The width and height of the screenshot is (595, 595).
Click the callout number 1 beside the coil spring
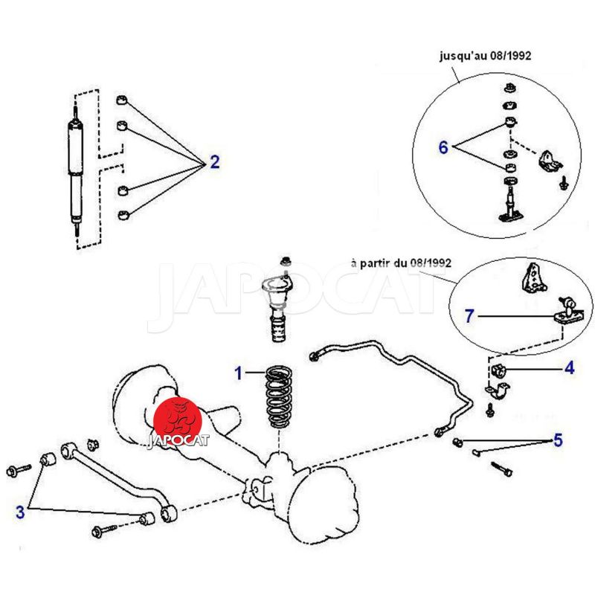(239, 373)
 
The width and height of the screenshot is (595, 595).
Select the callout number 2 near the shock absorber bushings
(214, 162)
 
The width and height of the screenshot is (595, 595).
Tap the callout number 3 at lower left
(20, 512)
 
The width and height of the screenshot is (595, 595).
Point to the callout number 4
(568, 367)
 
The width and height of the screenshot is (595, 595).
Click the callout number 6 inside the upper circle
(443, 147)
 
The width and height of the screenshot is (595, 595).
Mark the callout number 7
(469, 316)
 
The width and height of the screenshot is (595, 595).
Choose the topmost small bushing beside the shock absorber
(123, 100)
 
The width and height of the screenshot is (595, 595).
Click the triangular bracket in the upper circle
(550, 162)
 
